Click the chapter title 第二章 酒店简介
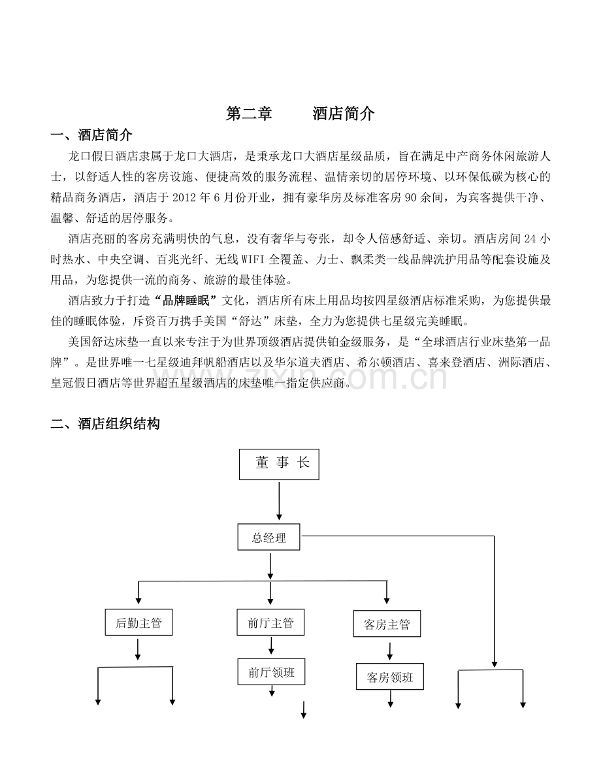[x=300, y=114]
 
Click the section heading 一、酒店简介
[x=92, y=135]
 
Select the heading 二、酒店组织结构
[x=105, y=424]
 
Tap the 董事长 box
[x=279, y=464]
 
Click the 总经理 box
[x=268, y=538]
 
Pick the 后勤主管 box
[x=138, y=622]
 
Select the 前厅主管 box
[x=270, y=622]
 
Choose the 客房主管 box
[x=387, y=624]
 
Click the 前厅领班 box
[x=272, y=672]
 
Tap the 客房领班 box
[x=389, y=676]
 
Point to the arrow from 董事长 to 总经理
[x=279, y=500]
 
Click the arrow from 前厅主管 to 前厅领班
[x=271, y=645]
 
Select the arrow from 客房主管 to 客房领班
[x=389, y=651]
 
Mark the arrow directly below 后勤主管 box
[x=137, y=649]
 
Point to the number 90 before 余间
[x=411, y=197]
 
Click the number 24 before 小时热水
[x=530, y=238]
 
